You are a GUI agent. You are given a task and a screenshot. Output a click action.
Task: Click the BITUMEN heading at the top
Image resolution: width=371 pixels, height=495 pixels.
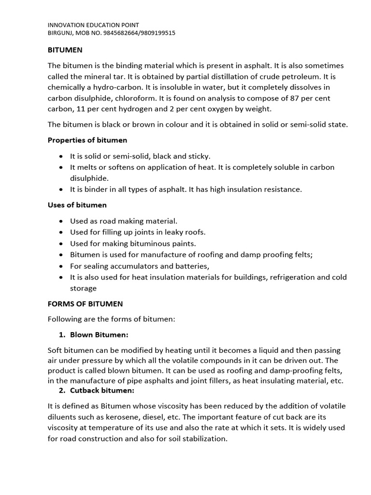[x=65, y=50]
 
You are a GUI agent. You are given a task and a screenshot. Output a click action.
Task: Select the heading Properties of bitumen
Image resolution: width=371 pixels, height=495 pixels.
[x=87, y=140]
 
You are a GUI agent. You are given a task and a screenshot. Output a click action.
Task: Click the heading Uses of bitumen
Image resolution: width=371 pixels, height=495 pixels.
[x=77, y=205]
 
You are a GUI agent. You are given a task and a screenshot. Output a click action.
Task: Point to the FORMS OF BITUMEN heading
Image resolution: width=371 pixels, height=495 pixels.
[x=85, y=304]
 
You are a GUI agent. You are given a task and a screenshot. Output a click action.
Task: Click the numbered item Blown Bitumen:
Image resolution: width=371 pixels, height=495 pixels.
[x=99, y=335]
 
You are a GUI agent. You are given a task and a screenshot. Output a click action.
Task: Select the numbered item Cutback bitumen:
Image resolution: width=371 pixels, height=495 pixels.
[x=102, y=390]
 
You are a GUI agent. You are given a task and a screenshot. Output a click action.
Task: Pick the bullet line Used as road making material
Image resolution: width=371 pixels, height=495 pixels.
[x=124, y=221]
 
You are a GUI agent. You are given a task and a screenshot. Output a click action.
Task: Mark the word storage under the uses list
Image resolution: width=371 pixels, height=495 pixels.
[x=83, y=288]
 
